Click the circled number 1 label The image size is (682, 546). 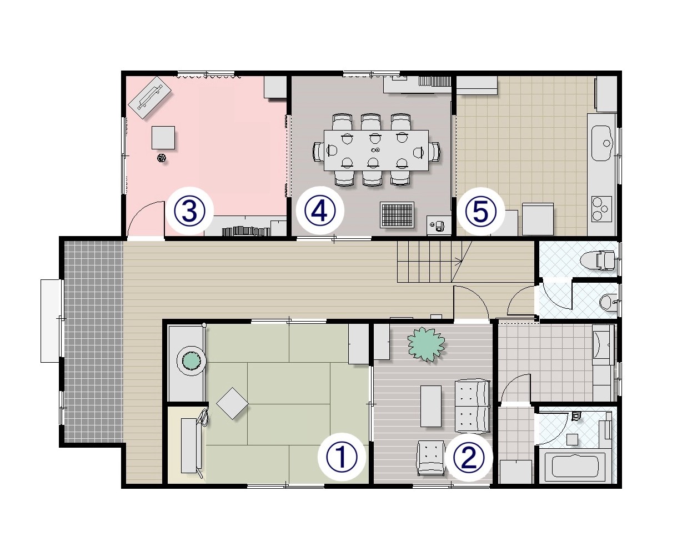pos(342,457)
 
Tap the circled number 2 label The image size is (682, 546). pos(469,457)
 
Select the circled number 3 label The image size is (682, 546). pos(189,211)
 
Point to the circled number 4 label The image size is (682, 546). pos(320,211)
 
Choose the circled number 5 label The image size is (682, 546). pos(480,211)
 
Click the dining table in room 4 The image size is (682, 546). pos(376,151)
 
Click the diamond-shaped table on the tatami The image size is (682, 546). pos(232,403)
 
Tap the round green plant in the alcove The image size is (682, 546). pos(192,361)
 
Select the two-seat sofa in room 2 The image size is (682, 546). pos(472,407)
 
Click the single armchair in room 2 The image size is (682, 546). pos(430,458)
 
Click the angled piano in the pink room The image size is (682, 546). pos(150,97)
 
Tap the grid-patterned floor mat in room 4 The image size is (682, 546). pos(398,214)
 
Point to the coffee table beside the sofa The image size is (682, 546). pos(430,406)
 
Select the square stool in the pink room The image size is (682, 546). pos(163,138)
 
